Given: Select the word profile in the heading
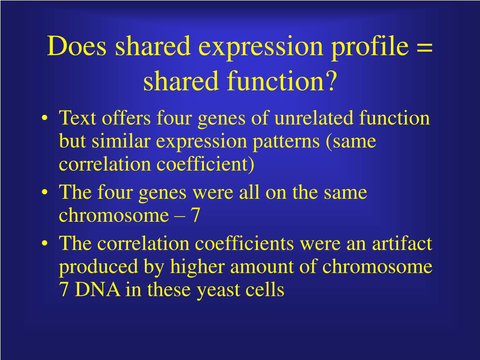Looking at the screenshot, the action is click(x=370, y=48).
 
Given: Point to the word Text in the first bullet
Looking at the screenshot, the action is click(x=77, y=118).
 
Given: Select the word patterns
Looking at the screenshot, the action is click(x=286, y=142).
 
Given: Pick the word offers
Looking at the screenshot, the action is click(x=126, y=118).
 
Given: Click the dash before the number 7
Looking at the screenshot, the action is click(x=180, y=216).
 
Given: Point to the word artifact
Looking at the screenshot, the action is click(x=402, y=243).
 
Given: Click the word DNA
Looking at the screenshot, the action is click(x=97, y=289).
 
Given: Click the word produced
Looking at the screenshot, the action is click(x=98, y=267).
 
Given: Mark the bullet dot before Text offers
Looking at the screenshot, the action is click(x=45, y=119).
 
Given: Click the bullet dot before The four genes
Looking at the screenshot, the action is click(x=45, y=193).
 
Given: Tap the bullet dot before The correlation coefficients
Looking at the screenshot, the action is click(x=45, y=244).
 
